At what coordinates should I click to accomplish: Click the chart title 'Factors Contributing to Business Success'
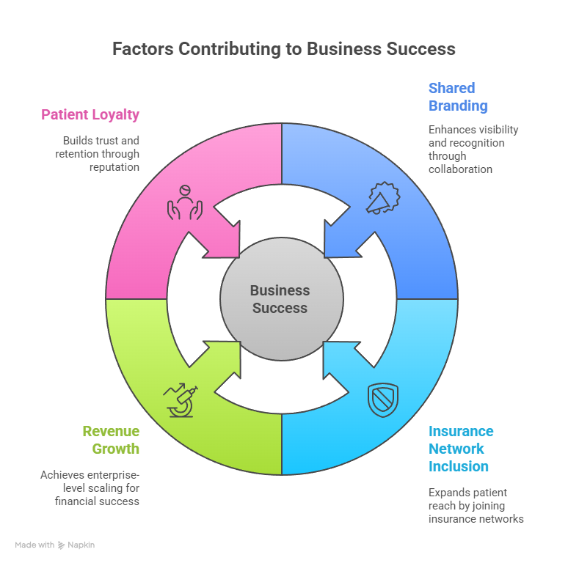(283, 49)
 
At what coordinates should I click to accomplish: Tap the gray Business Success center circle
(281, 299)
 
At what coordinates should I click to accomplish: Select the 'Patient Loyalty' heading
(90, 114)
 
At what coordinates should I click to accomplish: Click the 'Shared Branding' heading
(458, 97)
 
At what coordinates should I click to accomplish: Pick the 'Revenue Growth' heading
(111, 440)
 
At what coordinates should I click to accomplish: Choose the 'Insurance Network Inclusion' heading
(461, 449)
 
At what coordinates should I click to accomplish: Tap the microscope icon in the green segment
(181, 400)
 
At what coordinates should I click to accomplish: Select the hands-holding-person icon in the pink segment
(184, 200)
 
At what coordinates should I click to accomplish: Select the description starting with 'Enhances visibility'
(473, 149)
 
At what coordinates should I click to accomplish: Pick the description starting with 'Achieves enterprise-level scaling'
(90, 487)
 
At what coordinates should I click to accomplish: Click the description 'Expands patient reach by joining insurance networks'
(476, 505)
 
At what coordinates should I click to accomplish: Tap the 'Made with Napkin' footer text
(55, 545)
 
